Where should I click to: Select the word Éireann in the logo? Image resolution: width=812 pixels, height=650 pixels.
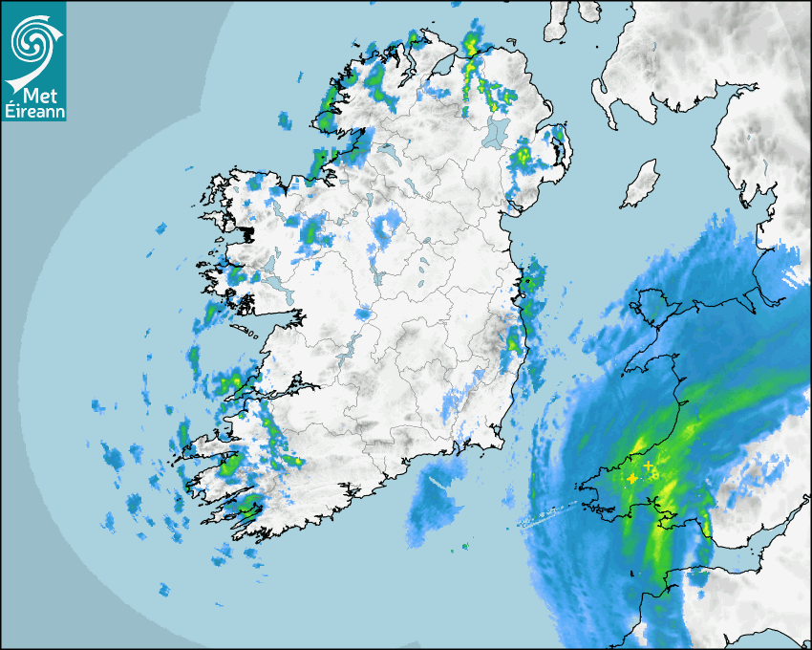click(x=33, y=111)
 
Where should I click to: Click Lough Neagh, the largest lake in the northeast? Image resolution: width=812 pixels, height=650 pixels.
click(x=496, y=131)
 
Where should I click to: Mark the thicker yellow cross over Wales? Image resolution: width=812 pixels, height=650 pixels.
click(x=631, y=478)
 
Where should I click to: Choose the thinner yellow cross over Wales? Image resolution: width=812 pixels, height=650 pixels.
click(x=648, y=466)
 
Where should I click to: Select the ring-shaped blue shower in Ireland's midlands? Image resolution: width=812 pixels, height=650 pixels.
click(x=386, y=227)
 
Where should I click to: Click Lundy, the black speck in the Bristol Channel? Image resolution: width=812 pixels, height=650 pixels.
click(x=630, y=573)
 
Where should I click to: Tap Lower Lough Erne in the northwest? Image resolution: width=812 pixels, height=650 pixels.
click(x=387, y=151)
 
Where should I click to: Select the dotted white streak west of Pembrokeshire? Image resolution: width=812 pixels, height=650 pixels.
click(x=547, y=517)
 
